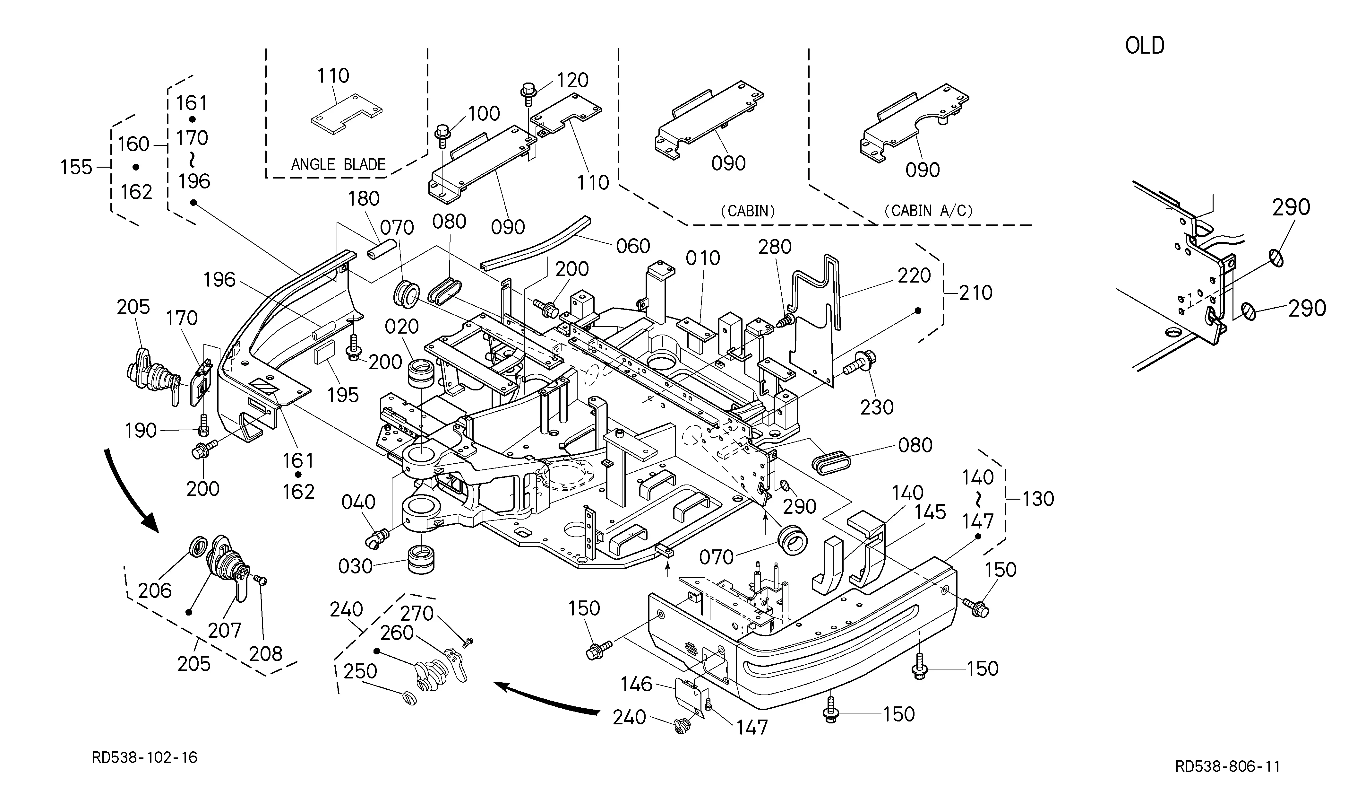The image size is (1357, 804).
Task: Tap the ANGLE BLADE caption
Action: pos(338,164)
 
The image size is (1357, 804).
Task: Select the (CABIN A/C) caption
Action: pos(928,210)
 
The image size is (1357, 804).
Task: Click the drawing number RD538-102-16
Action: pos(144,757)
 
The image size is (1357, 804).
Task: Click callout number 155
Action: pos(76,167)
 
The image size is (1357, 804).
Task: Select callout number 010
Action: pos(703,258)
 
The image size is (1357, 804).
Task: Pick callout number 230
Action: pos(877,407)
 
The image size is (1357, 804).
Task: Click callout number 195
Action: pos(343,395)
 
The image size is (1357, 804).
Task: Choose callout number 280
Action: pos(775,247)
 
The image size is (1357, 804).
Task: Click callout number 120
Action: pos(573,80)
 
